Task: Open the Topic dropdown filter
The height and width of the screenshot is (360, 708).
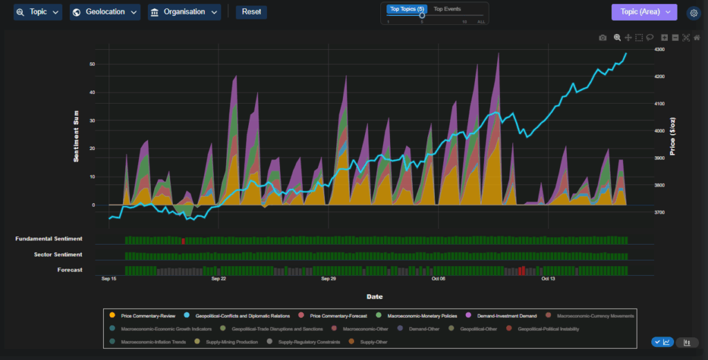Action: pyautogui.click(x=37, y=12)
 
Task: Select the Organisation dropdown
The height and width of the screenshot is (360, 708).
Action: pyautogui.click(x=184, y=12)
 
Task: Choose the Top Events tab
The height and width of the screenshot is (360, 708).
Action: pyautogui.click(x=447, y=9)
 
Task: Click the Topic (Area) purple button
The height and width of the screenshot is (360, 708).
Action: pyautogui.click(x=644, y=12)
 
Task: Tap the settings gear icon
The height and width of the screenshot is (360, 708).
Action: pyautogui.click(x=693, y=12)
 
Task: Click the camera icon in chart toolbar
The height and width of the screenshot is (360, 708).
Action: pyautogui.click(x=603, y=37)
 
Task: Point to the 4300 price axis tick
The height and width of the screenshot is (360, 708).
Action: pyautogui.click(x=659, y=50)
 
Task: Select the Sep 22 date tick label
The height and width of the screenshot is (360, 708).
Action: pyautogui.click(x=218, y=279)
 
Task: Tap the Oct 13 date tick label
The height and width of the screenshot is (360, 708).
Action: pyautogui.click(x=548, y=279)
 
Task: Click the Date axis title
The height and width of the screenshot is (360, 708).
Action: pyautogui.click(x=374, y=296)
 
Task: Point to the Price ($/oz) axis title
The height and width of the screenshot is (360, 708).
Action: pyautogui.click(x=673, y=135)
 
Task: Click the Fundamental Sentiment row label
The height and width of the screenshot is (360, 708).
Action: pyautogui.click(x=48, y=239)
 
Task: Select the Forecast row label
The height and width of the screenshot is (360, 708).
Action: pyautogui.click(x=70, y=270)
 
